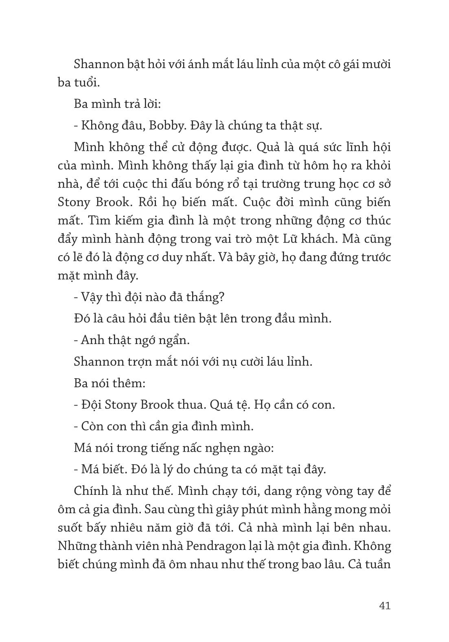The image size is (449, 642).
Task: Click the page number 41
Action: tap(384, 605)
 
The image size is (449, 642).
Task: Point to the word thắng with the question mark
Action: tap(208, 297)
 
